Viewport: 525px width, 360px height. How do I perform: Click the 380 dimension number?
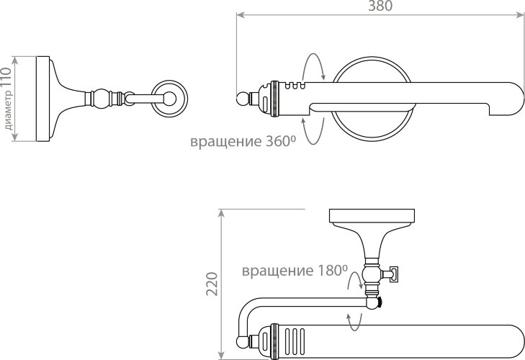click(x=380, y=6)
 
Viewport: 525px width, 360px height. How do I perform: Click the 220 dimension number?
click(x=211, y=284)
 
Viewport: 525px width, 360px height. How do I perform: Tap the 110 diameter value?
click(x=6, y=77)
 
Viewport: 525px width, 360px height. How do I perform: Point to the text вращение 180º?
click(x=295, y=271)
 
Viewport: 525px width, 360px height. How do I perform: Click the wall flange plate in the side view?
click(x=42, y=97)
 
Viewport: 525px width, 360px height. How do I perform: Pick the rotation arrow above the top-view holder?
click(x=313, y=67)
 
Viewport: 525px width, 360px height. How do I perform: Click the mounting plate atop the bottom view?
click(x=372, y=215)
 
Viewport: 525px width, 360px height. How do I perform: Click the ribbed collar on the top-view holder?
click(x=274, y=97)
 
